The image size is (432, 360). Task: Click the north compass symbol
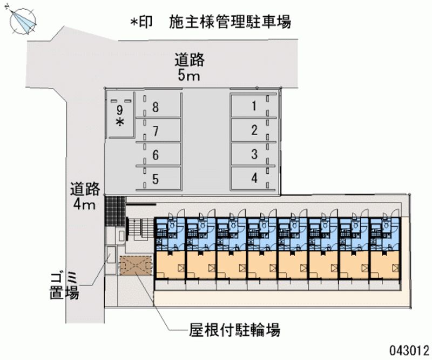[x=23, y=21]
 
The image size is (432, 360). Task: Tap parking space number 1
[x=253, y=106]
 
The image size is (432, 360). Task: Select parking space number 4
[x=253, y=178]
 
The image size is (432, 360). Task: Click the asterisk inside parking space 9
[x=120, y=122]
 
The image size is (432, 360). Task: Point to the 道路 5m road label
[x=189, y=68]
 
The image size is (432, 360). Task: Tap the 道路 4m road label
[x=85, y=196]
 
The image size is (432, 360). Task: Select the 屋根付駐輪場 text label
[x=235, y=330]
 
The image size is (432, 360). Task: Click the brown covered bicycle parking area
[x=136, y=265]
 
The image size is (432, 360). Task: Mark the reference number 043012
[x=409, y=350]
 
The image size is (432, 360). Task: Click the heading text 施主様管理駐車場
[x=230, y=22]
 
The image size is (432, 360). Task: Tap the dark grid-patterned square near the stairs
[x=115, y=210]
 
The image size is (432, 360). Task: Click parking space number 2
[x=253, y=130]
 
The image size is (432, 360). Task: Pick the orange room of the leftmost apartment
[x=170, y=265]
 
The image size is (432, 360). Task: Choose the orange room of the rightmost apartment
[x=385, y=265]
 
